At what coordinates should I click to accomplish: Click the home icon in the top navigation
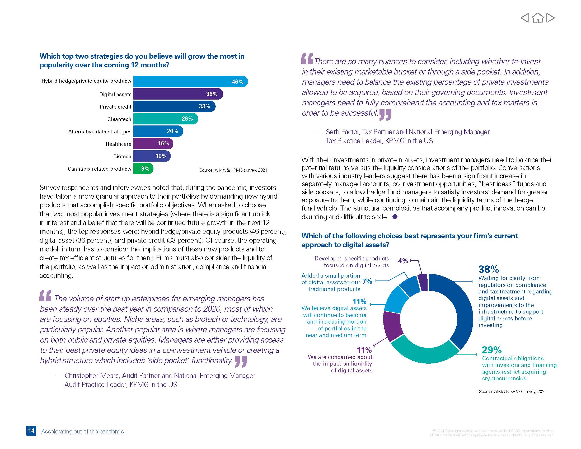tap(538, 18)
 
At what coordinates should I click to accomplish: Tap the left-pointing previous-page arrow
tap(525, 18)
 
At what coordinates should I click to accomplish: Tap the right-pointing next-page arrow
tap(550, 18)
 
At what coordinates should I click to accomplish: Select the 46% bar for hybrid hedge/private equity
tap(190, 81)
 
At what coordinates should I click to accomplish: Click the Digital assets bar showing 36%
tap(178, 94)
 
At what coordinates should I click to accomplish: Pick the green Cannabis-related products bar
tap(143, 169)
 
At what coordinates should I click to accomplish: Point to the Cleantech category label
tap(119, 119)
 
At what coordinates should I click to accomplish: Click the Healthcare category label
tap(118, 144)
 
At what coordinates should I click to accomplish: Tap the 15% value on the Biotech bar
tap(161, 156)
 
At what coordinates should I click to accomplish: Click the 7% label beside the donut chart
tap(367, 281)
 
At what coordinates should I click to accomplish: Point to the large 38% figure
tap(488, 269)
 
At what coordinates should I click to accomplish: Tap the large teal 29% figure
tap(491, 349)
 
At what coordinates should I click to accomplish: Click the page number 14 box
tap(31, 431)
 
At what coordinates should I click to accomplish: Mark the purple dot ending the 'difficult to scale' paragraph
tap(395, 217)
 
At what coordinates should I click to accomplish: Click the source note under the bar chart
tap(233, 170)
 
